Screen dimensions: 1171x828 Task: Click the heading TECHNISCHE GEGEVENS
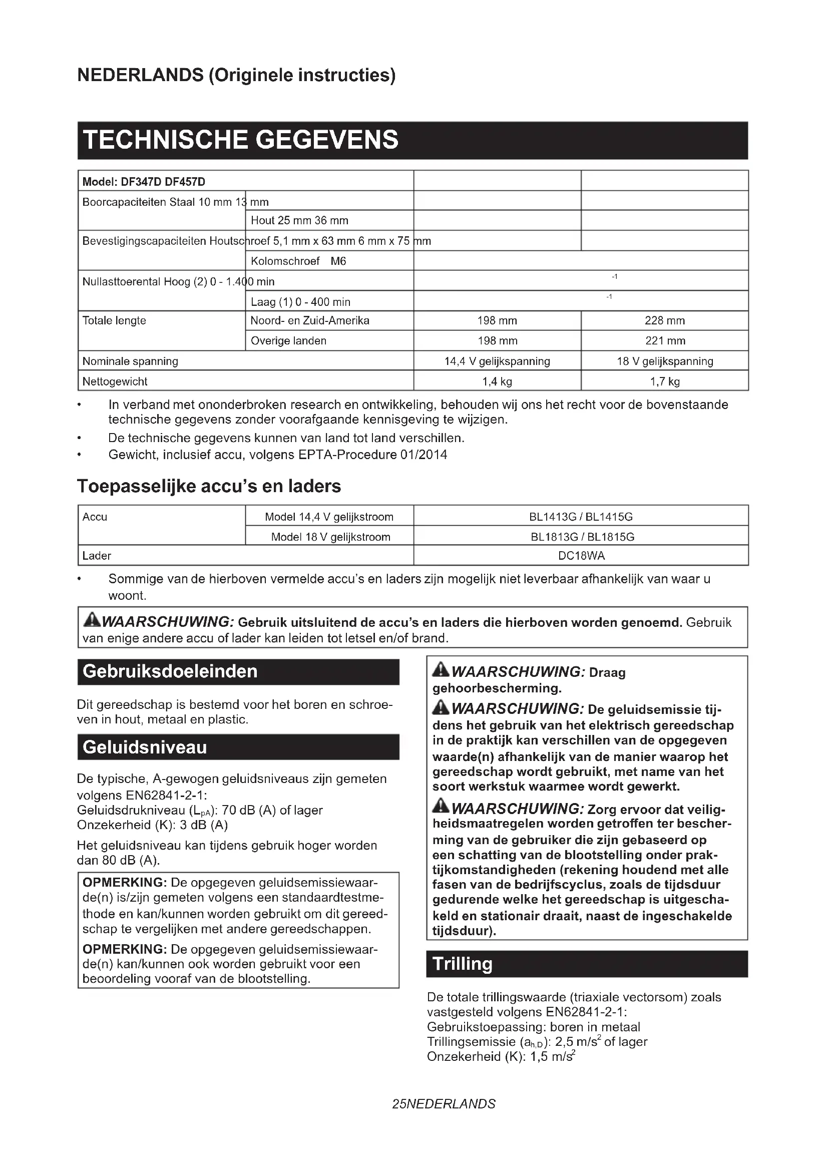pyautogui.click(x=241, y=140)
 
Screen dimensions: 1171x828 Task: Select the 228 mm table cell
pyautogui.click(x=664, y=321)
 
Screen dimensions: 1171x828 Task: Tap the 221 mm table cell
pyautogui.click(x=664, y=341)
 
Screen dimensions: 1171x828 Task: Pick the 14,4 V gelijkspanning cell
pyautogui.click(x=497, y=361)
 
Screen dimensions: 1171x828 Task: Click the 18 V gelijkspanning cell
pyautogui.click(x=664, y=361)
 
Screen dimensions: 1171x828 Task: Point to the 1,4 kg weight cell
pyautogui.click(x=497, y=381)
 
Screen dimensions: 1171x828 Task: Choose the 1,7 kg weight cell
pyautogui.click(x=664, y=381)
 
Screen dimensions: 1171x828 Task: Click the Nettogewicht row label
pyautogui.click(x=115, y=381)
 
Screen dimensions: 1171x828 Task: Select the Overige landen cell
pyautogui.click(x=288, y=341)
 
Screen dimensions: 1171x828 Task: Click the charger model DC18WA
pyautogui.click(x=581, y=555)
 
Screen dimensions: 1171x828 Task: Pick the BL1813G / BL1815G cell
pyautogui.click(x=581, y=537)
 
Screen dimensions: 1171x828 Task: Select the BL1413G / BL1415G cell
pyautogui.click(x=581, y=517)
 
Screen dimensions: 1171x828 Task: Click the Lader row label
pyautogui.click(x=97, y=555)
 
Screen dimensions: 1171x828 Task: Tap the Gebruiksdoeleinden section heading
pyautogui.click(x=170, y=671)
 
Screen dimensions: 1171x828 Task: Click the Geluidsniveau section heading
pyautogui.click(x=145, y=747)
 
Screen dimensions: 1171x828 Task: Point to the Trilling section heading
pyautogui.click(x=463, y=963)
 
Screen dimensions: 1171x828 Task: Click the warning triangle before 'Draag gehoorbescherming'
pyautogui.click(x=441, y=670)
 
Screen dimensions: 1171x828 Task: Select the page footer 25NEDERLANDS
pyautogui.click(x=444, y=1104)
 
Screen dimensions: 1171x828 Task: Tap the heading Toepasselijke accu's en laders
pyautogui.click(x=209, y=486)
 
